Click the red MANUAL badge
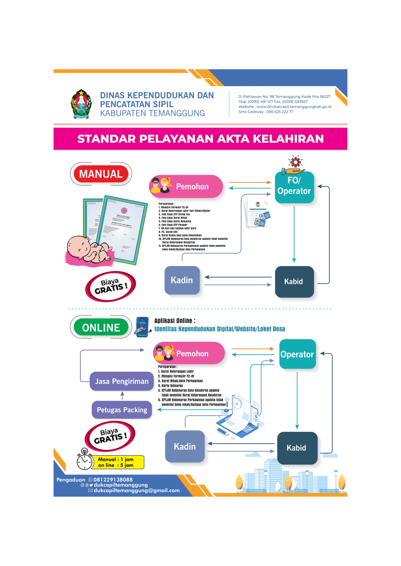(101, 174)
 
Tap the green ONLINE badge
(101, 328)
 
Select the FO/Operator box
(294, 187)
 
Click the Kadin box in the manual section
(182, 280)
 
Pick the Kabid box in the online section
(297, 447)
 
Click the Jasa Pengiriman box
(122, 381)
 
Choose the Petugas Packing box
(122, 410)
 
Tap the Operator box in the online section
(297, 354)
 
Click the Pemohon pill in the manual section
(186, 187)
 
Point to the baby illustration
(90, 245)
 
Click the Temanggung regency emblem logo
(80, 103)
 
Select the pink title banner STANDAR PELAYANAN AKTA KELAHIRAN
(200, 139)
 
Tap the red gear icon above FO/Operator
(294, 162)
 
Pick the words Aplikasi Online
(174, 321)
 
